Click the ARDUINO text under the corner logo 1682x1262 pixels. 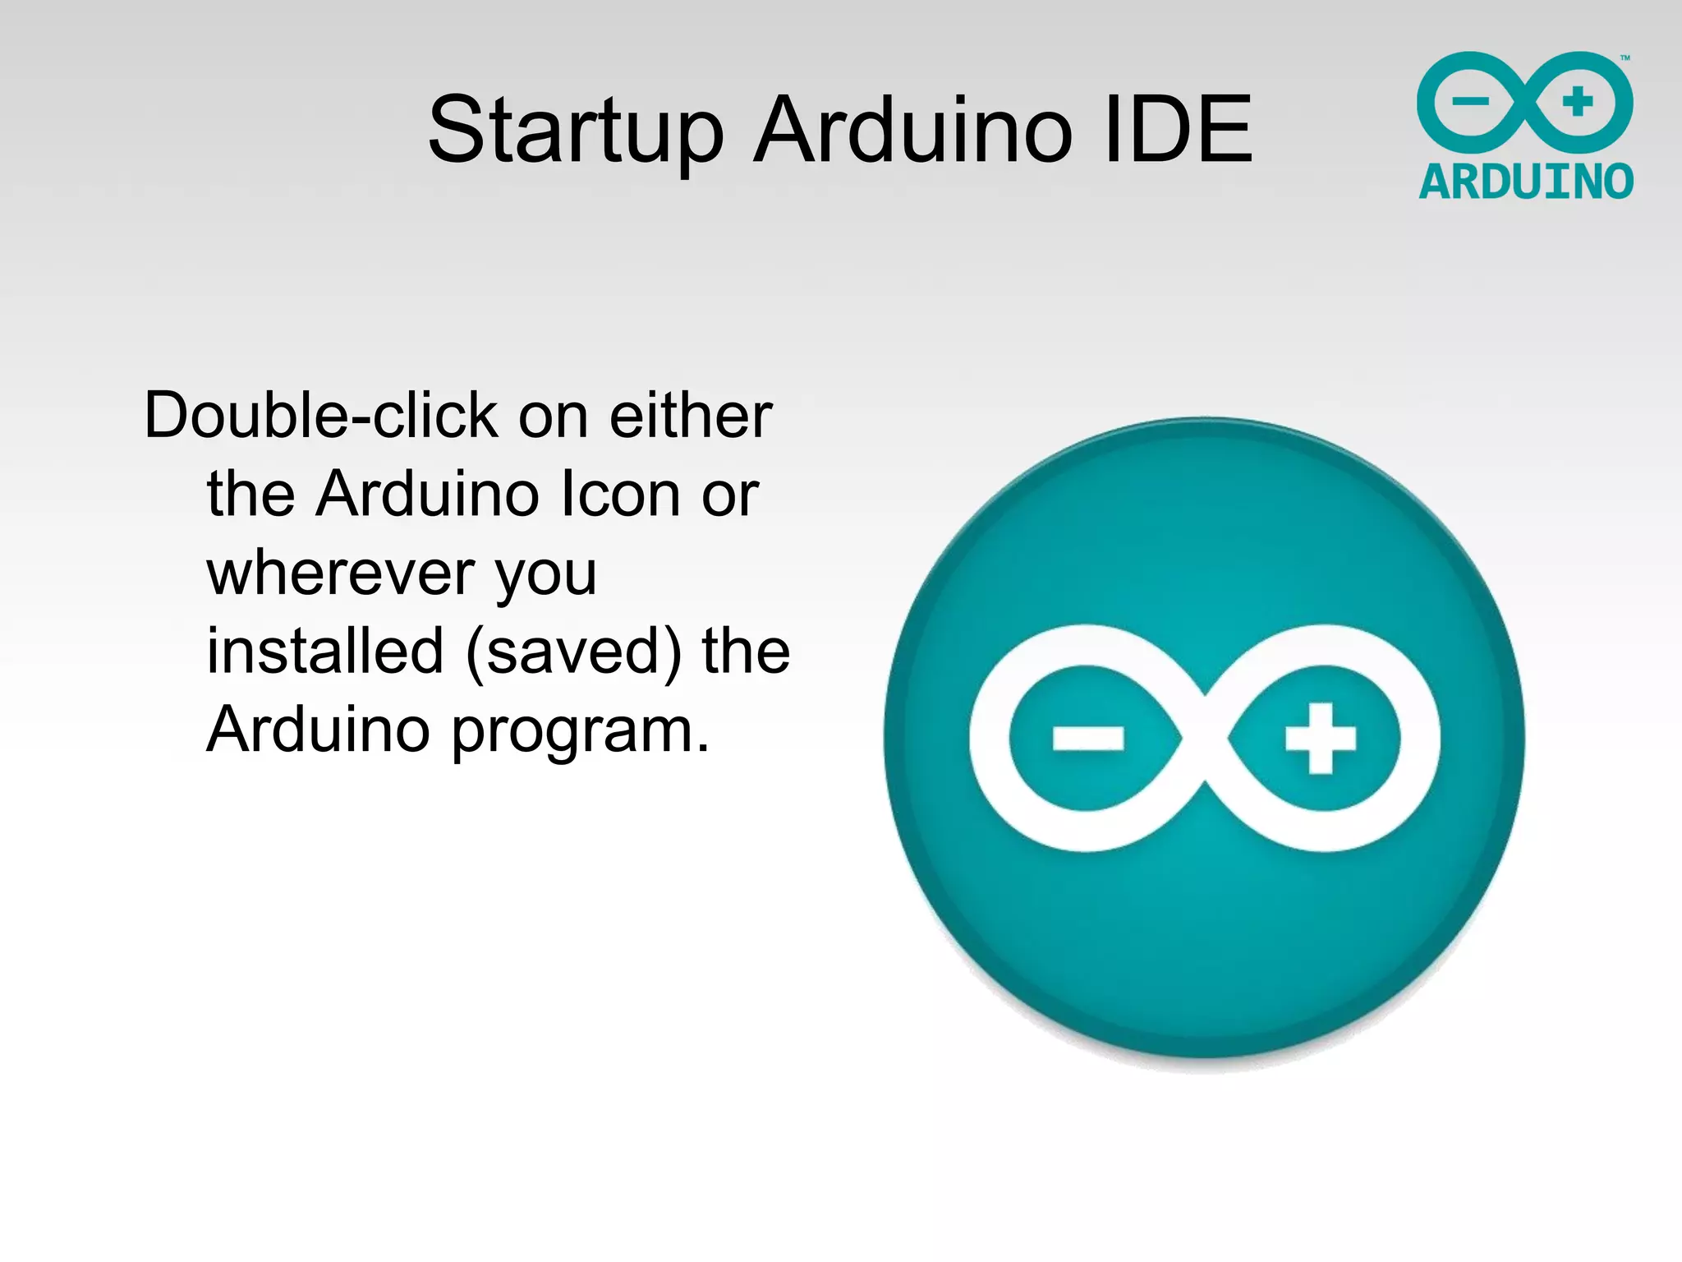pos(1526,182)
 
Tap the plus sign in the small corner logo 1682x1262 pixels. pos(1578,102)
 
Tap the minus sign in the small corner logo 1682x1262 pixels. pos(1470,102)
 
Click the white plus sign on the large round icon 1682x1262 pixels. pos(1320,738)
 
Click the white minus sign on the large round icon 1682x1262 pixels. pos(1088,738)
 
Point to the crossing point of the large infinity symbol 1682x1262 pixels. pos(1205,738)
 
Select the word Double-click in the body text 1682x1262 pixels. pos(320,416)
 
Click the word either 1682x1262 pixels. pos(690,416)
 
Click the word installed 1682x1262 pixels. pos(325,652)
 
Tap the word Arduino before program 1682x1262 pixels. pos(319,730)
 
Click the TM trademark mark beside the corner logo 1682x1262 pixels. pos(1625,58)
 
